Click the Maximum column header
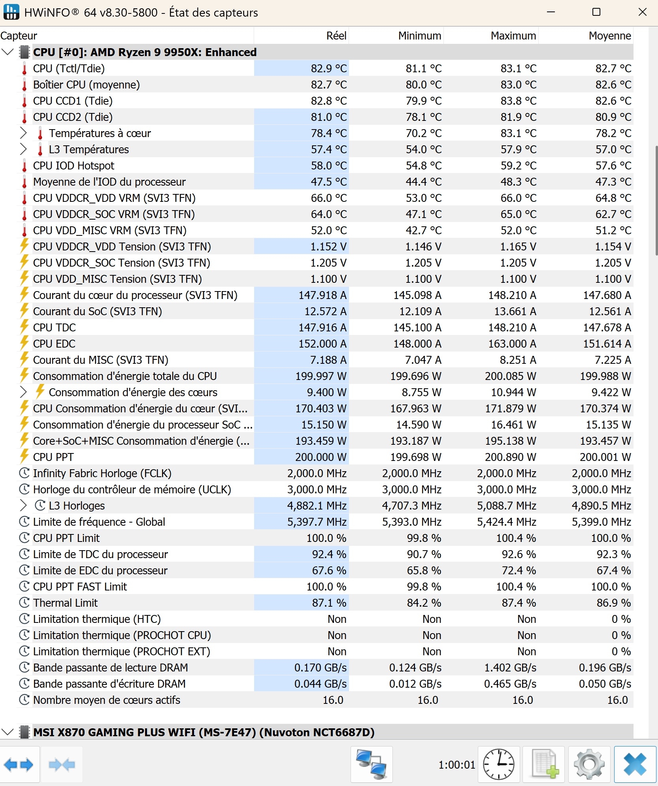(513, 36)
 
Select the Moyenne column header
(609, 36)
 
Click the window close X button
(643, 12)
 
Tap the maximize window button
(596, 12)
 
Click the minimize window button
(551, 12)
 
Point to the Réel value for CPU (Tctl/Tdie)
(328, 69)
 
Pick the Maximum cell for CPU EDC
(512, 344)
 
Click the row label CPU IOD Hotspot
(74, 166)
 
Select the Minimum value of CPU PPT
(415, 457)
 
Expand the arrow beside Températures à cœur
(23, 134)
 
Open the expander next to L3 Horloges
(23, 506)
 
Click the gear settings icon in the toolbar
(589, 764)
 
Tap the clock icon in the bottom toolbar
(499, 764)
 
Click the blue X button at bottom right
(635, 764)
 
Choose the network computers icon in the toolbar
(371, 764)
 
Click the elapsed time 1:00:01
(456, 765)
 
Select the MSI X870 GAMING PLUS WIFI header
(204, 732)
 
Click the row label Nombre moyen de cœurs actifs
(106, 700)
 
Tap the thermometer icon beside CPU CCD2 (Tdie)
(25, 117)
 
